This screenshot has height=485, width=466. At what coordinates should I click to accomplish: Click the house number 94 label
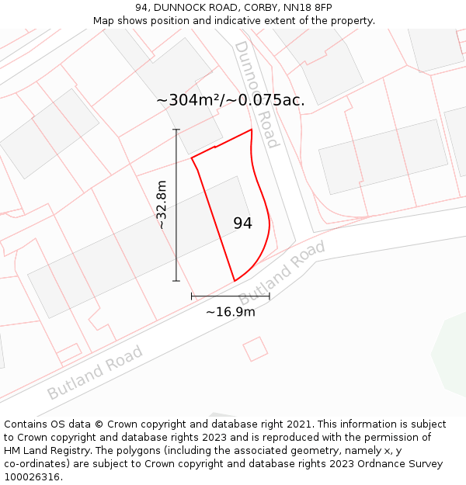(x=242, y=223)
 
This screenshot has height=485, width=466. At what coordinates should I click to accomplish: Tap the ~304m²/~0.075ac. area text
(x=230, y=100)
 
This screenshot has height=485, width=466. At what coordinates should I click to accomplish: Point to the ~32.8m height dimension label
(x=161, y=205)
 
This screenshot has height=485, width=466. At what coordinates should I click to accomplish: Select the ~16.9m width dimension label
(x=230, y=312)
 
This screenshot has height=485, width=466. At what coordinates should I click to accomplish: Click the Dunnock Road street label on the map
(x=256, y=95)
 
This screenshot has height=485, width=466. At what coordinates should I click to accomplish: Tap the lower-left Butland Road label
(x=95, y=372)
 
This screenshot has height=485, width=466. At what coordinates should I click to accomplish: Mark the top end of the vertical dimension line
(x=176, y=130)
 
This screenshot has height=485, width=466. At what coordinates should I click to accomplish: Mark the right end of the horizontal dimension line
(x=270, y=296)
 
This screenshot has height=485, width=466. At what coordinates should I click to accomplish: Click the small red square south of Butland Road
(x=255, y=349)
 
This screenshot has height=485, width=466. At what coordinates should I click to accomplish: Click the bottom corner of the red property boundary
(x=235, y=281)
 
